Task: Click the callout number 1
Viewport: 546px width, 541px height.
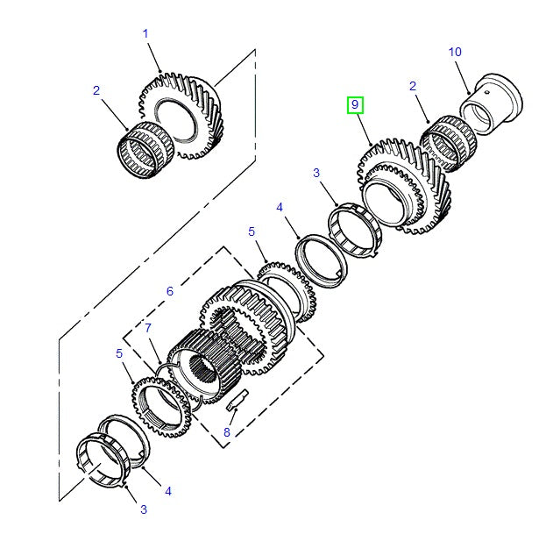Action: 145,34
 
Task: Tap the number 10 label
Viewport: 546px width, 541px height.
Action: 455,52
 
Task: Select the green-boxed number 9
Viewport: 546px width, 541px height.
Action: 355,105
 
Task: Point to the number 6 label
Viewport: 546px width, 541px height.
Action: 170,291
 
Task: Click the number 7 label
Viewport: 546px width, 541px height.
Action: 148,328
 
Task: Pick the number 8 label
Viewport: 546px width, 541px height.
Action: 227,431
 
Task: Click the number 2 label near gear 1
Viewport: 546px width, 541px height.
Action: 96,90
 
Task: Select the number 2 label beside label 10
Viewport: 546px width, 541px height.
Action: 412,86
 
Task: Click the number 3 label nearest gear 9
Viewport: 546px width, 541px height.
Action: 316,174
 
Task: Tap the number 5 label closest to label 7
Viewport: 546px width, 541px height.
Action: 119,353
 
